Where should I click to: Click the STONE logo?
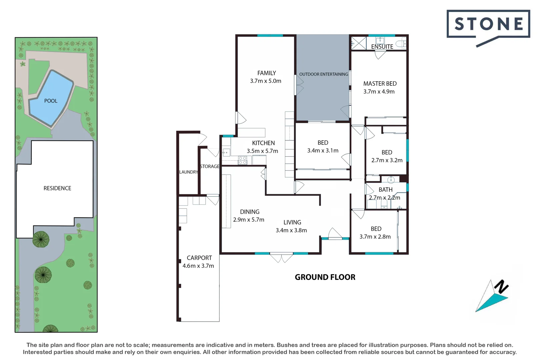click(488, 25)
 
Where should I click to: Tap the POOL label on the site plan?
click(51, 101)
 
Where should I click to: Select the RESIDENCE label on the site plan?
click(57, 188)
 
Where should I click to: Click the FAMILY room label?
click(266, 73)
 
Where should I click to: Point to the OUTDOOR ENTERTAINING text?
click(323, 74)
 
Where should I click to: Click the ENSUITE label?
click(382, 47)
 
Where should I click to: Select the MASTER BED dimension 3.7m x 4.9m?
click(379, 92)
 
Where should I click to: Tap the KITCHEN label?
click(263, 143)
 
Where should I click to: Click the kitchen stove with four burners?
click(242, 160)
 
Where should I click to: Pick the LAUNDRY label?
click(189, 172)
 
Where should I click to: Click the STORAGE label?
click(210, 166)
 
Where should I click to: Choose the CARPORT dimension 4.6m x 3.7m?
click(198, 266)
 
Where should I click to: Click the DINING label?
click(249, 212)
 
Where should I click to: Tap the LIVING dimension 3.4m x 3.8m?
click(291, 230)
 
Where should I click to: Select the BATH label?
click(385, 190)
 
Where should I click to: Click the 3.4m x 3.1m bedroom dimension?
click(322, 151)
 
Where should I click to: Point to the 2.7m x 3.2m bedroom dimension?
click(387, 160)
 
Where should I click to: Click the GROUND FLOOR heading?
click(325, 277)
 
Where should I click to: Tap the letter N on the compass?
click(501, 287)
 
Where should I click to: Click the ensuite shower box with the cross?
click(359, 43)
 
